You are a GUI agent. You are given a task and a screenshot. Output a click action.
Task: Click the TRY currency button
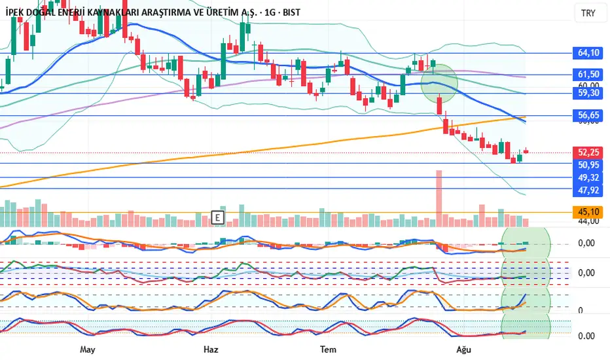(588, 13)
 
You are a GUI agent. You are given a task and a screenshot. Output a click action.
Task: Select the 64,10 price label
(588, 52)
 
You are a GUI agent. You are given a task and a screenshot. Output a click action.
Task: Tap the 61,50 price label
(588, 75)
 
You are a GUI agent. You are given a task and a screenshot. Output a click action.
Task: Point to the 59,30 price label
(588, 94)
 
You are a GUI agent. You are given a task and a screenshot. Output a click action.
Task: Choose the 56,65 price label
(588, 115)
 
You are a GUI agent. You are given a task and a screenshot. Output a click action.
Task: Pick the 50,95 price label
(588, 164)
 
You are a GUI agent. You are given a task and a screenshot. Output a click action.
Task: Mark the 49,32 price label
(588, 177)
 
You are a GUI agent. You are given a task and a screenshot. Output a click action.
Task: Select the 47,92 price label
(588, 190)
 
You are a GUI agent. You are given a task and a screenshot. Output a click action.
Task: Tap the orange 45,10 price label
(588, 212)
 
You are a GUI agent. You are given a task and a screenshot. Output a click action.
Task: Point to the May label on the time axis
(88, 350)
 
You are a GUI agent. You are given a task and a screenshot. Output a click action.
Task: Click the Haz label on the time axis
(211, 350)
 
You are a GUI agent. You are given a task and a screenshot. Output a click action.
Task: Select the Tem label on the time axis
(327, 350)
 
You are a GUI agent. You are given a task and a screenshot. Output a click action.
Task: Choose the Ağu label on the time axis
(464, 350)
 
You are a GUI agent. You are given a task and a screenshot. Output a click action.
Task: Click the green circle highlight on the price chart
(439, 82)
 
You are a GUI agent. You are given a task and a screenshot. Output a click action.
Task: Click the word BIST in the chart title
(290, 12)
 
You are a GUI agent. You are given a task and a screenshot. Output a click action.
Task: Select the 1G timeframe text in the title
(266, 12)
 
